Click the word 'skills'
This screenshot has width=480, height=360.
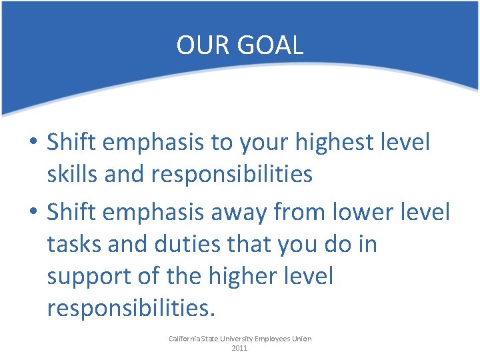click(72, 175)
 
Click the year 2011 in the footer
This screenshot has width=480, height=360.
click(239, 348)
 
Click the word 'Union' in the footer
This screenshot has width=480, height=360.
click(301, 339)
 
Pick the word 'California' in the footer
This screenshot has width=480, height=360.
click(184, 339)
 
